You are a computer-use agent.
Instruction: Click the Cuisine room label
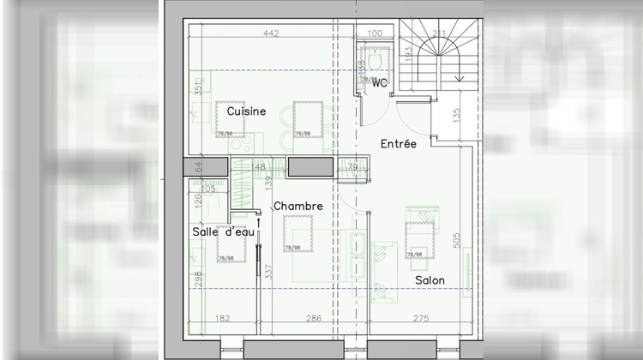[x=246, y=111]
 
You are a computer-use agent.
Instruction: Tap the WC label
[x=378, y=82]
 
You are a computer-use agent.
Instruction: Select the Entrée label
[x=399, y=144]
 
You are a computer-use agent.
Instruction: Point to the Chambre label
[x=298, y=206]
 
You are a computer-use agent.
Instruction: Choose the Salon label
[x=430, y=280]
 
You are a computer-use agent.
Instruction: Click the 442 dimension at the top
[x=271, y=34]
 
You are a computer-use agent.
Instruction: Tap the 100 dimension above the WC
[x=375, y=34]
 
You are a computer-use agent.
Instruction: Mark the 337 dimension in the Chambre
[x=267, y=273]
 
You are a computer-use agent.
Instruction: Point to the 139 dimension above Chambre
[x=267, y=182]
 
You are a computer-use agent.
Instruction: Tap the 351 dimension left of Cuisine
[x=197, y=88]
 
